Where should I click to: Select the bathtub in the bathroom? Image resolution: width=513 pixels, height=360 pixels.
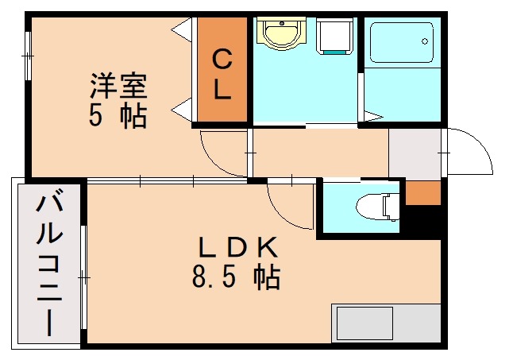[402, 45]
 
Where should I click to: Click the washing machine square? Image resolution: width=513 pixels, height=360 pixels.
[334, 37]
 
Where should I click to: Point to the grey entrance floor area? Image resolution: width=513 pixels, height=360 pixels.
[415, 153]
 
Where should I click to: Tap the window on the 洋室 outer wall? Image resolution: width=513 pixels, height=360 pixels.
[29, 55]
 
